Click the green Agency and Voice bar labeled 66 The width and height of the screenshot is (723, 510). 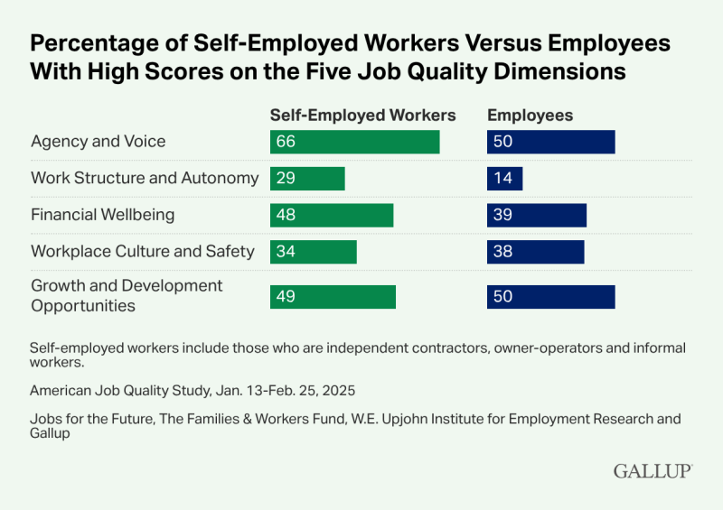[354, 142]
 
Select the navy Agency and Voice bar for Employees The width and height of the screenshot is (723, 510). [550, 142]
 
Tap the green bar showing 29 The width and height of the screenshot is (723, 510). [307, 179]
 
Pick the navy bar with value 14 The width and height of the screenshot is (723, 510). [504, 179]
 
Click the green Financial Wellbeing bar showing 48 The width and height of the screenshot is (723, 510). [332, 215]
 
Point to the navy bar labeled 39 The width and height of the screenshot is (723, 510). [537, 215]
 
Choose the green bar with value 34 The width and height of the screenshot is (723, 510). [313, 252]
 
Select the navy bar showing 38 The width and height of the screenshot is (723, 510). [535, 252]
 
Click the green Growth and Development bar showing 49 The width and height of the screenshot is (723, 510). [333, 297]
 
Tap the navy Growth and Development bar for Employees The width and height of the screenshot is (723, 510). [550, 297]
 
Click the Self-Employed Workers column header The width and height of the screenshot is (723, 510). [362, 116]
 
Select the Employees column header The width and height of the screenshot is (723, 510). [531, 116]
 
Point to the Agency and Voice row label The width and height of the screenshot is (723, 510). [98, 142]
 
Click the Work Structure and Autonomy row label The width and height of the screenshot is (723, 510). [145, 178]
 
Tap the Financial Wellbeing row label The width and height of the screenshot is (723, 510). [103, 215]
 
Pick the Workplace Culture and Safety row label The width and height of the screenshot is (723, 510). [143, 251]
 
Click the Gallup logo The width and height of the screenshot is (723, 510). [653, 470]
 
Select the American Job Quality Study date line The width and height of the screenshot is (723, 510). [192, 391]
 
